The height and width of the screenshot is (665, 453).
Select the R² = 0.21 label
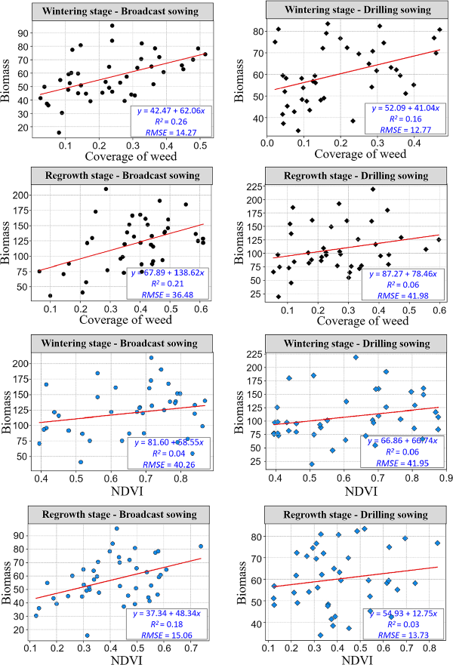pos(171,283)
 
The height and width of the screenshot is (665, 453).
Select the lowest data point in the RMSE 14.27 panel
pos(59,132)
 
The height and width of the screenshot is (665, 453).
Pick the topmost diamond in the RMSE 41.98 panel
pos(372,189)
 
